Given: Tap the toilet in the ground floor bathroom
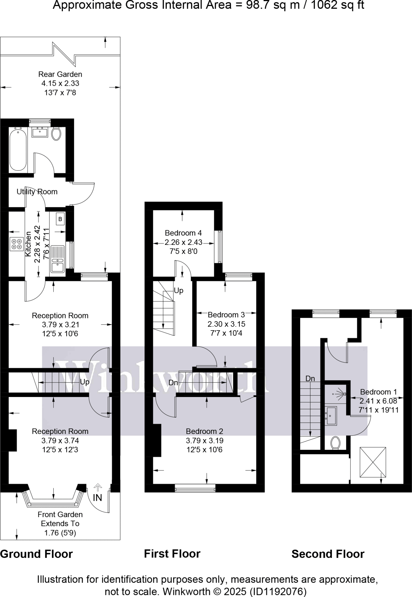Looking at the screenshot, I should coord(56,134).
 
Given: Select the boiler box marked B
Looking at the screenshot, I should coord(60,219).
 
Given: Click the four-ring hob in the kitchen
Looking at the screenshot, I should coord(17,244).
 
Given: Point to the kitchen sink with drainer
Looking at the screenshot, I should coord(57,259).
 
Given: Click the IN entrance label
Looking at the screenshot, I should coord(97,498).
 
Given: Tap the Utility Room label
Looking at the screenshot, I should coord(37,192).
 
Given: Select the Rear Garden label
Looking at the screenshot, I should coord(60,74).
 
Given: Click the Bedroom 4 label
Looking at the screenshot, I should coord(183,233).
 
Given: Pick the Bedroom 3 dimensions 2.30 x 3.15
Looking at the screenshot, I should coord(226,324).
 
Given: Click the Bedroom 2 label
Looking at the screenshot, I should coord(204,431).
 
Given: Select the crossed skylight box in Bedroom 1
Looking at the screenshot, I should coord(373,462).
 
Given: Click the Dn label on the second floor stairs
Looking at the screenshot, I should coord(310,378).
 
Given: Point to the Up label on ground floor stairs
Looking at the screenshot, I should coord(84,382).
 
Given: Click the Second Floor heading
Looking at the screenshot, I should coord(328,554).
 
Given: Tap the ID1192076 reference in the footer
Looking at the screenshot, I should coord(278,591).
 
